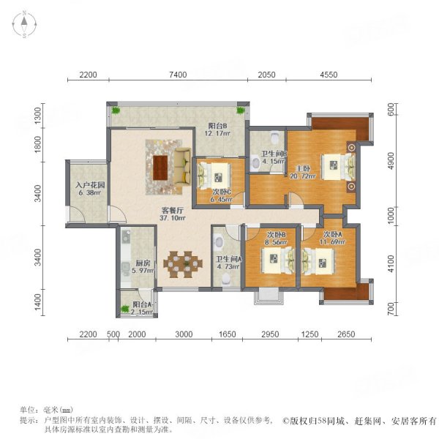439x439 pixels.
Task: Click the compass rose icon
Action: tap(24, 24)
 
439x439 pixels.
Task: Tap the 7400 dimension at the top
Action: tap(178, 75)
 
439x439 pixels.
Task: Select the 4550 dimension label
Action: tap(329, 75)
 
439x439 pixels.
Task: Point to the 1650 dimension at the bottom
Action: tap(227, 334)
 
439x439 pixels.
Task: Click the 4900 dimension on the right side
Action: tap(391, 161)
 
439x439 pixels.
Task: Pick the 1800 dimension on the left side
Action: tap(37, 144)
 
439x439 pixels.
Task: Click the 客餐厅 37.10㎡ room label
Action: tap(172, 214)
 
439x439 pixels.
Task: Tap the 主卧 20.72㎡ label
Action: tap(303, 173)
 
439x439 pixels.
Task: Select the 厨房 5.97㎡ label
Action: tap(143, 267)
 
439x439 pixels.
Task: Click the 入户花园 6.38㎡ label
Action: tap(90, 189)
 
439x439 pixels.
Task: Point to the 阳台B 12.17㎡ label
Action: tap(217, 130)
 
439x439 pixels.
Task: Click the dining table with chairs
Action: tap(183, 264)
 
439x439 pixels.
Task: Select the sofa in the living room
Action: tap(183, 167)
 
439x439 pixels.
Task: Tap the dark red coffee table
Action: tap(160, 168)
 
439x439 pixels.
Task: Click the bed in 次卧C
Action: tap(214, 176)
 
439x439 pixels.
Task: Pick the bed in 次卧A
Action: tap(318, 262)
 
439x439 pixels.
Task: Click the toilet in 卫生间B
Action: tap(276, 137)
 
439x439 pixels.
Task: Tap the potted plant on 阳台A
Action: tap(125, 309)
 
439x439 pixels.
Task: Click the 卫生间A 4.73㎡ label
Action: tap(228, 263)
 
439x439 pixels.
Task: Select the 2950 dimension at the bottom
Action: tap(270, 334)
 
